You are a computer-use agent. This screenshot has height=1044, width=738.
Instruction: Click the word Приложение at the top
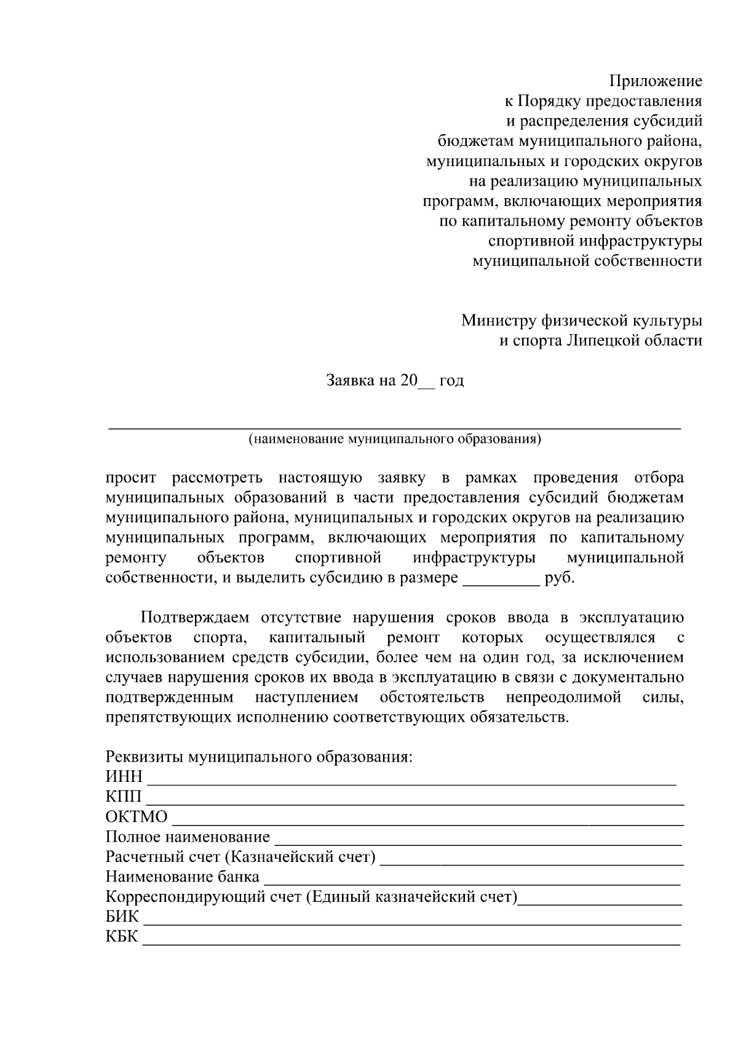pos(656,81)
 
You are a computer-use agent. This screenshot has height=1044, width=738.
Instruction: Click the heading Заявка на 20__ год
pos(394,381)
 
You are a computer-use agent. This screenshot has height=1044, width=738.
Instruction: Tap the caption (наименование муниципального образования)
pos(394,439)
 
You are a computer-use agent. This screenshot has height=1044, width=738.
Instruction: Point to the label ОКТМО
pos(137,817)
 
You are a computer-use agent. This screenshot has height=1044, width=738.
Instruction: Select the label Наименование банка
pos(183,877)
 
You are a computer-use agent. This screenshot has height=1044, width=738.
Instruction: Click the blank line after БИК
pos(412,923)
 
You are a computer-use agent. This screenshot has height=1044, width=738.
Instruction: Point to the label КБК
pos(122,937)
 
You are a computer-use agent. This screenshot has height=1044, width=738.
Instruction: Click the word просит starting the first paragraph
pos(131,478)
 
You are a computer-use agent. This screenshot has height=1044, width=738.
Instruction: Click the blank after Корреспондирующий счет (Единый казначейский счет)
pos(601,903)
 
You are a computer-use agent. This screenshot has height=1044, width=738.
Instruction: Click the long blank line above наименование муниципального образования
pos(394,426)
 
